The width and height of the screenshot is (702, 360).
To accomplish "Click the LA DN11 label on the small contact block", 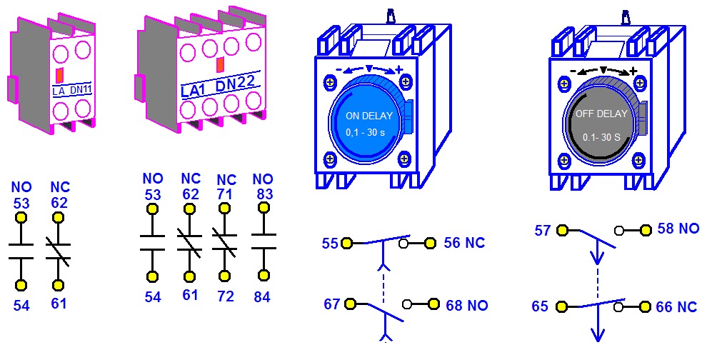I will [71, 90].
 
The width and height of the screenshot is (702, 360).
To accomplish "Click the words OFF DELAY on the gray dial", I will [601, 114].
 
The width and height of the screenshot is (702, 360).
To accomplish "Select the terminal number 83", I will [264, 194].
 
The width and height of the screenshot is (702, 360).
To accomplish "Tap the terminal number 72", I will [226, 296].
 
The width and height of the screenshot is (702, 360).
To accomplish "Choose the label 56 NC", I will [464, 244].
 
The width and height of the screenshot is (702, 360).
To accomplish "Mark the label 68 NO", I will [466, 306].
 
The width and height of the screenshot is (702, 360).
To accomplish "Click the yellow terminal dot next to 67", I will [350, 304].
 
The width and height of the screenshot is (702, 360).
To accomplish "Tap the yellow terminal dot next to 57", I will [563, 230].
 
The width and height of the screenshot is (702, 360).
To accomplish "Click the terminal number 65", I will [540, 307].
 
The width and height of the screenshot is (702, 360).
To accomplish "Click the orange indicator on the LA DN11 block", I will [60, 75].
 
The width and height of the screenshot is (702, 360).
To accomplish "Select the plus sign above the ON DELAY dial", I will [399, 69].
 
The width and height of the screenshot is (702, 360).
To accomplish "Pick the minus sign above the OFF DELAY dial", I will [573, 70].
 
